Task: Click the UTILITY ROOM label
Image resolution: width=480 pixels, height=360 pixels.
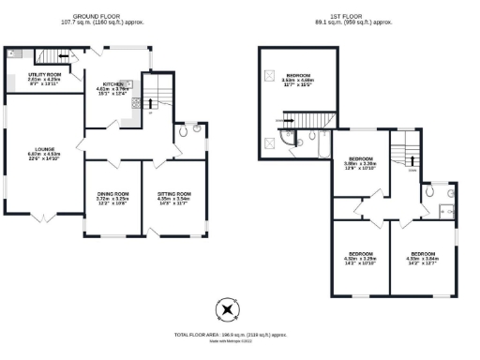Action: [x=43, y=76]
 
